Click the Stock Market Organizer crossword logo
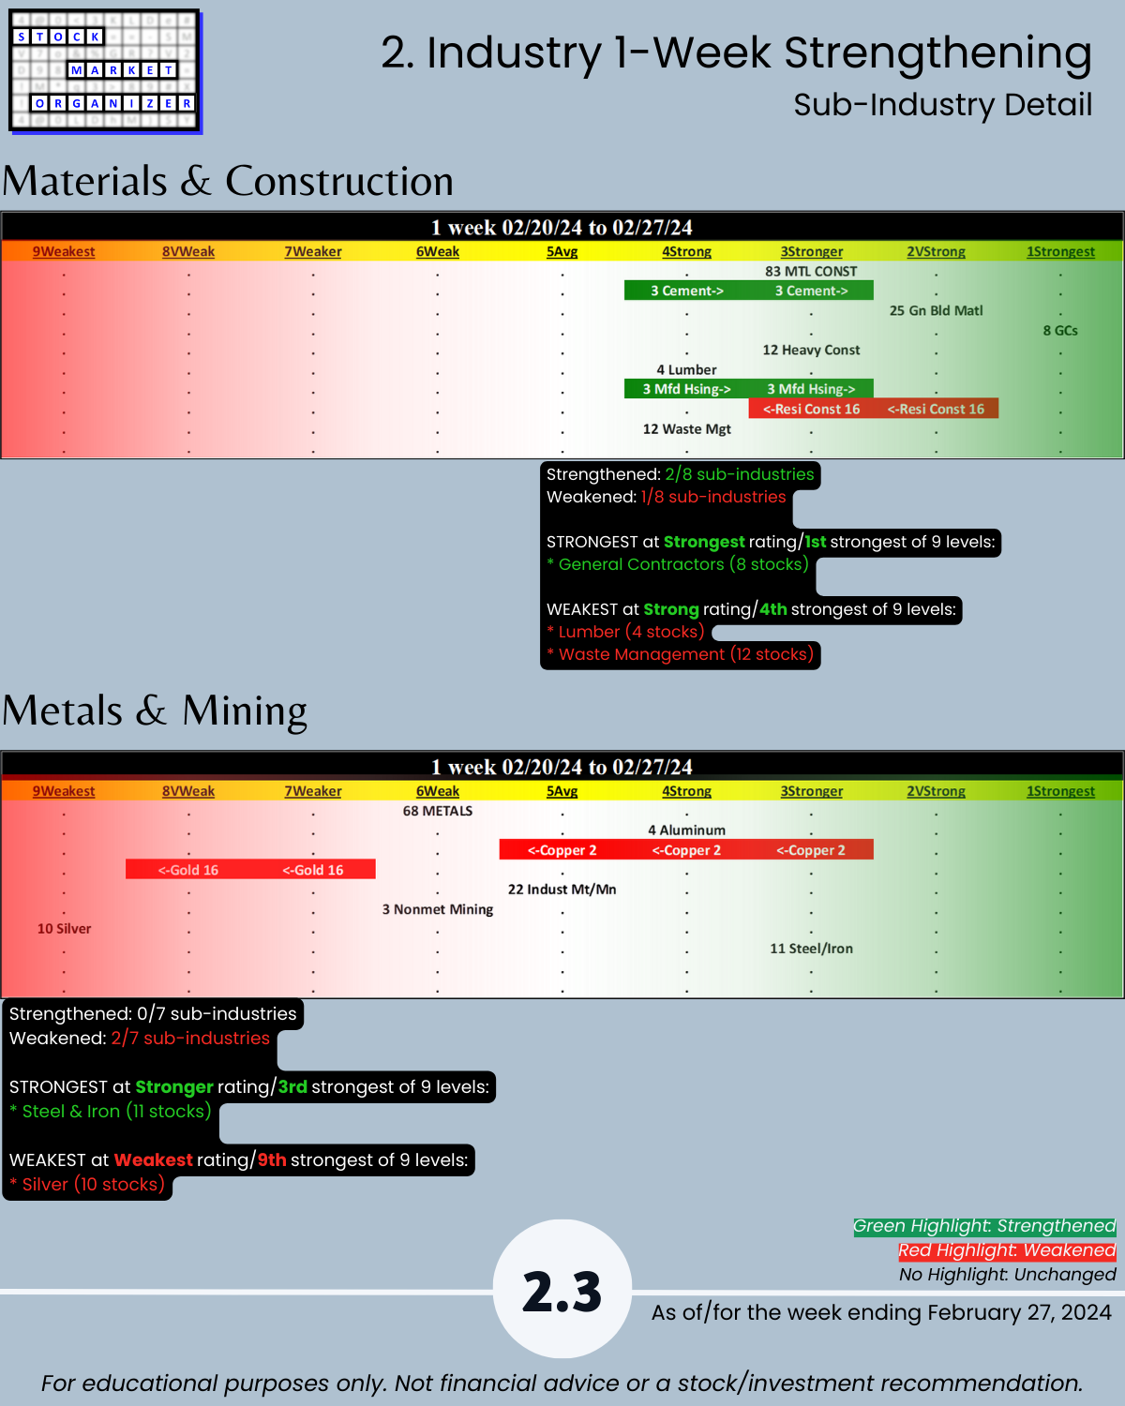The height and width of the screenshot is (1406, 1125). (x=104, y=71)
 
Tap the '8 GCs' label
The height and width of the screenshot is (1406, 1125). (x=1060, y=331)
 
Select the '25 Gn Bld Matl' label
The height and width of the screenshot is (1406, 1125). (x=936, y=311)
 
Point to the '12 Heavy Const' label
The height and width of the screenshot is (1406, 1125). (x=811, y=351)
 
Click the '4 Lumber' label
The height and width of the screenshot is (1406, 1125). (x=686, y=370)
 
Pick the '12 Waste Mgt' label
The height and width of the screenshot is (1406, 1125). (x=686, y=429)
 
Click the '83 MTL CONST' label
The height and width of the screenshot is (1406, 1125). (x=811, y=272)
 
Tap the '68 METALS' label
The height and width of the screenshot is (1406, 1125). (x=438, y=811)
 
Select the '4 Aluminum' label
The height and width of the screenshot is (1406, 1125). (x=686, y=830)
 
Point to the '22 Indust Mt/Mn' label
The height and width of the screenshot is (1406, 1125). (x=562, y=890)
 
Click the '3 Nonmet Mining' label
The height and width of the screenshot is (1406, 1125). (x=438, y=909)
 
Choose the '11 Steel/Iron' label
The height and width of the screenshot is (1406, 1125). (x=811, y=949)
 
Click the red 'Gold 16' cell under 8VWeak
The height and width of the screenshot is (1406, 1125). (x=188, y=870)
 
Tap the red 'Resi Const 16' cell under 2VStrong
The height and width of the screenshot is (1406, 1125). (x=936, y=410)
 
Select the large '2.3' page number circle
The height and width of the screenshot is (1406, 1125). (x=562, y=1290)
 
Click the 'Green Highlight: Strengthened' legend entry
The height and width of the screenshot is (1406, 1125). (x=984, y=1226)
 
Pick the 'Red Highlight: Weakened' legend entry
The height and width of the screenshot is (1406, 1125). (x=1007, y=1250)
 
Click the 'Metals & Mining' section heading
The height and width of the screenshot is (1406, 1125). (x=155, y=710)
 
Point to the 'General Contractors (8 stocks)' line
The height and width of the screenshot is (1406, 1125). (x=682, y=564)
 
